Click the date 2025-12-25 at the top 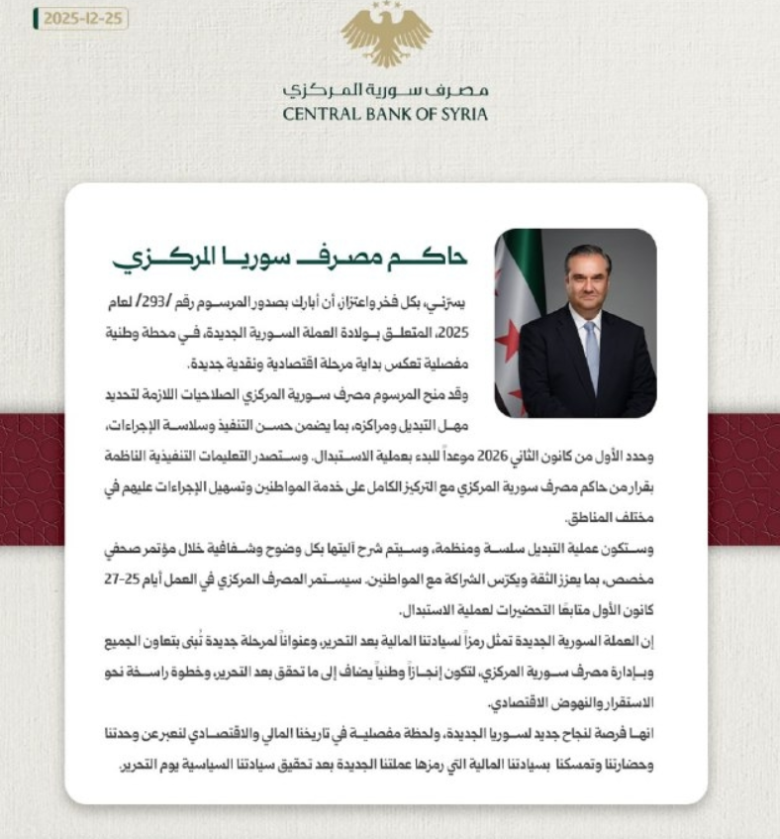(x=85, y=19)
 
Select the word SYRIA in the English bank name (x=463, y=114)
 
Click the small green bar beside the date (x=37, y=19)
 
